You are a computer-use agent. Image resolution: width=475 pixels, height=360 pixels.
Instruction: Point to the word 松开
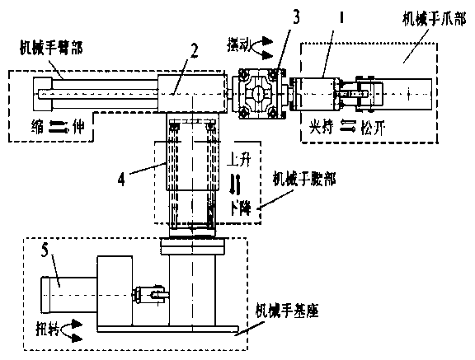tap(369, 128)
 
